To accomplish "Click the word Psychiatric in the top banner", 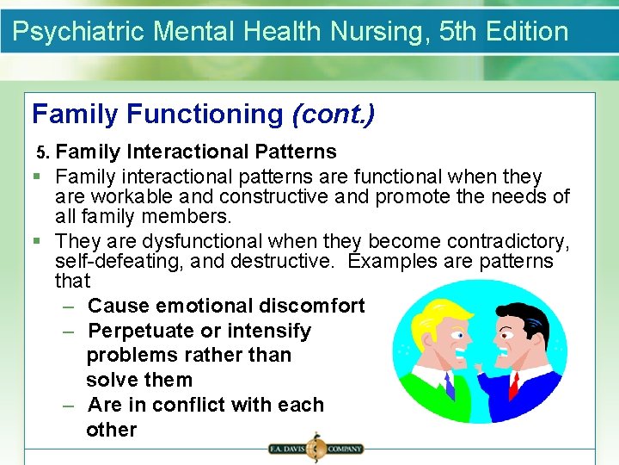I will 79,32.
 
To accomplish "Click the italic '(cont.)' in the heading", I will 334,114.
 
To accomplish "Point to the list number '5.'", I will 44,152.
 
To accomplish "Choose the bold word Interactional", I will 188,152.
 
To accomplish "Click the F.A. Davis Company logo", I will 315,448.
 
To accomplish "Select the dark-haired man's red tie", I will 514,384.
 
